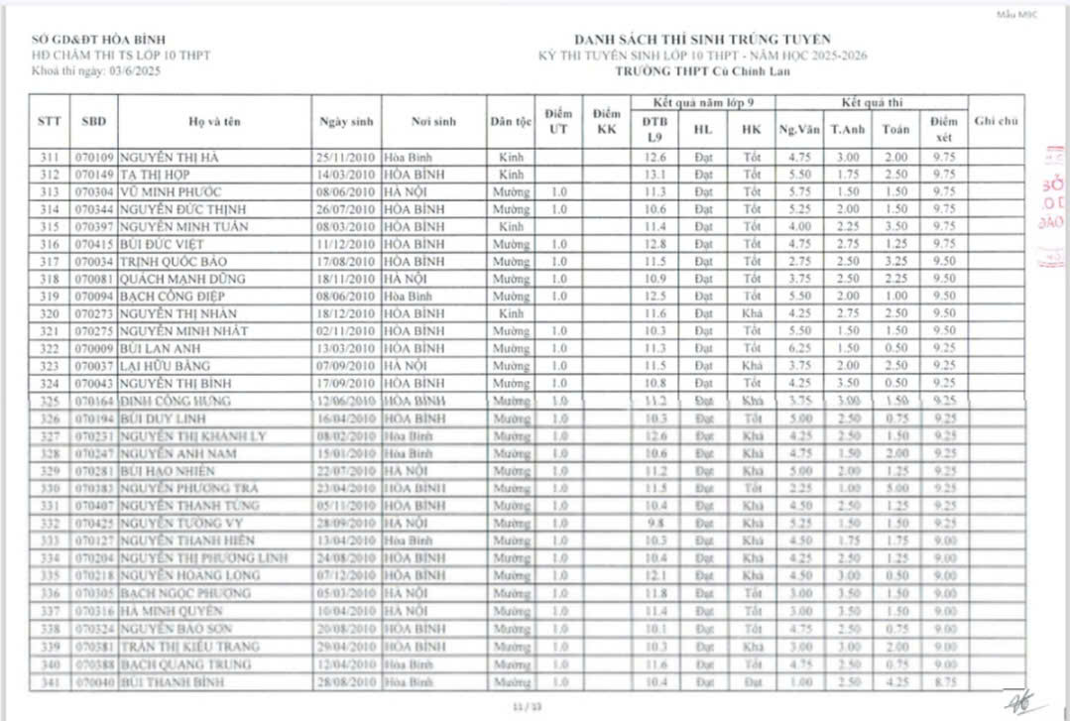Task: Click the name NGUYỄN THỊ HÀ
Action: tap(171, 158)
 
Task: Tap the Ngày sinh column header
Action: tap(346, 122)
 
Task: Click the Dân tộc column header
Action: tap(511, 122)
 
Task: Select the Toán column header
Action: tap(895, 130)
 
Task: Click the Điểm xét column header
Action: tap(943, 129)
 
